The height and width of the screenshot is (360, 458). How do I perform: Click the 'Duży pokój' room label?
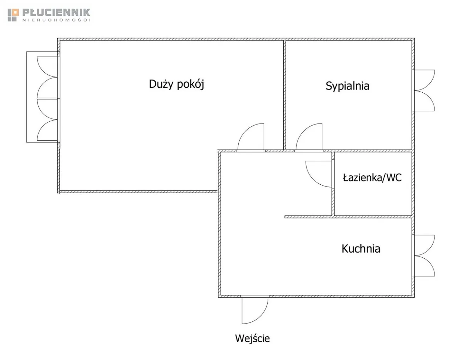tap(176, 84)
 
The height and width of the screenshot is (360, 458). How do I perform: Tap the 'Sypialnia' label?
tap(347, 86)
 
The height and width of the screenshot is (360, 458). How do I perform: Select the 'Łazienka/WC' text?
tap(372, 177)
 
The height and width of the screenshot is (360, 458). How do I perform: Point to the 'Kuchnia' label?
tap(361, 249)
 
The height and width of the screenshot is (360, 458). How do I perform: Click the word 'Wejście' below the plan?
tap(252, 338)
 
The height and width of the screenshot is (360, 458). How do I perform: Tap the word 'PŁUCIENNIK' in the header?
tap(56, 12)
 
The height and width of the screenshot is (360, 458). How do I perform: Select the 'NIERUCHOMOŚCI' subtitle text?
tap(56, 20)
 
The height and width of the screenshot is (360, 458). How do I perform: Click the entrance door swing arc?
tap(255, 311)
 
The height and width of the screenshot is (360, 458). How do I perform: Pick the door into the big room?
tap(250, 137)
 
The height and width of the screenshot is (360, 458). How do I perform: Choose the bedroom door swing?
tap(309, 137)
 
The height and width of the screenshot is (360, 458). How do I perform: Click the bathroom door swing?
tap(318, 174)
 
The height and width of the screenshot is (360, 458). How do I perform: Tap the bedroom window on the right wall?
tap(424, 91)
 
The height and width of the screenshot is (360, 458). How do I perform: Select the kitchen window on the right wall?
tap(424, 256)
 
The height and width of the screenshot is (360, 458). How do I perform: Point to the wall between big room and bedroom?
tap(285, 94)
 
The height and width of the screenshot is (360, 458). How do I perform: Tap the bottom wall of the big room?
tap(138, 192)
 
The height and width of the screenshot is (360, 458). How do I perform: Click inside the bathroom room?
tap(372, 197)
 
